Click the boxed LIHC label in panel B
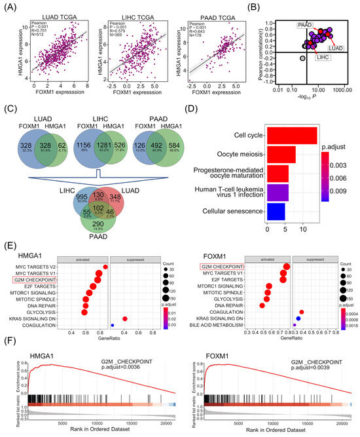click(323, 58)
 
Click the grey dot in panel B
click(302, 59)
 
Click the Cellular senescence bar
click(276, 212)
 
